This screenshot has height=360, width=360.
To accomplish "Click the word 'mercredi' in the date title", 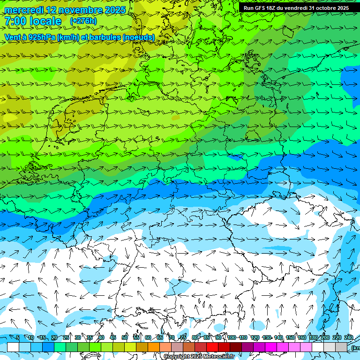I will coord(23,10).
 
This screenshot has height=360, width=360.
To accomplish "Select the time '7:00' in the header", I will coord(15,21).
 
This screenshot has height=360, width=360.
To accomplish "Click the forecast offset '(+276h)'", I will coord(83,21).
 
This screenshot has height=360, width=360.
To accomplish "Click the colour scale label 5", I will coord(18,337).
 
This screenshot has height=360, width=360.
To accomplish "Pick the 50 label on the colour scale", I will coord(124,337).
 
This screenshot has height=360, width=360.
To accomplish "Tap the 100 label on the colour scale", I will coord(232,337).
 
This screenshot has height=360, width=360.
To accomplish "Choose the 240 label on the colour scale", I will coord(349,337).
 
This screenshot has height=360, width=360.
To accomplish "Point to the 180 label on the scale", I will coord(313,337).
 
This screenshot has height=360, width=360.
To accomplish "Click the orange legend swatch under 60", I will coord(154,347).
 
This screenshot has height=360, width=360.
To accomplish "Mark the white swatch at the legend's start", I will coord(13,347).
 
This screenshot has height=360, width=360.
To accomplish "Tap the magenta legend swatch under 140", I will coord(283,347).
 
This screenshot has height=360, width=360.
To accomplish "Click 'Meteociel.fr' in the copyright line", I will coord(218,357).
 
